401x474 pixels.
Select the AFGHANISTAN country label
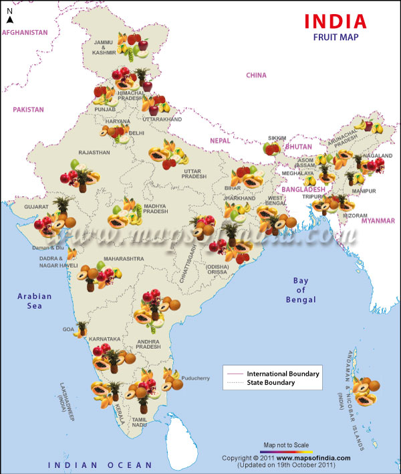coord(26,32)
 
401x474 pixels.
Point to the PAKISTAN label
coord(27,109)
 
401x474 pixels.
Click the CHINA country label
coord(256,76)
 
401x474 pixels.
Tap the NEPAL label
coord(220,141)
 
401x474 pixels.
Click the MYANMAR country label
coord(378,220)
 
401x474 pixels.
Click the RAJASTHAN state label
coord(94,153)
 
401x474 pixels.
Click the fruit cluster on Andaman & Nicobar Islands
coord(367,392)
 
